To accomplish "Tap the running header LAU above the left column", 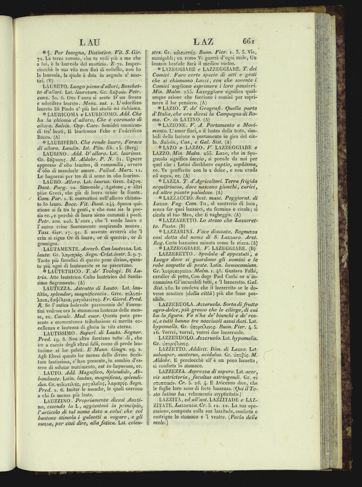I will click(x=89, y=42).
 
